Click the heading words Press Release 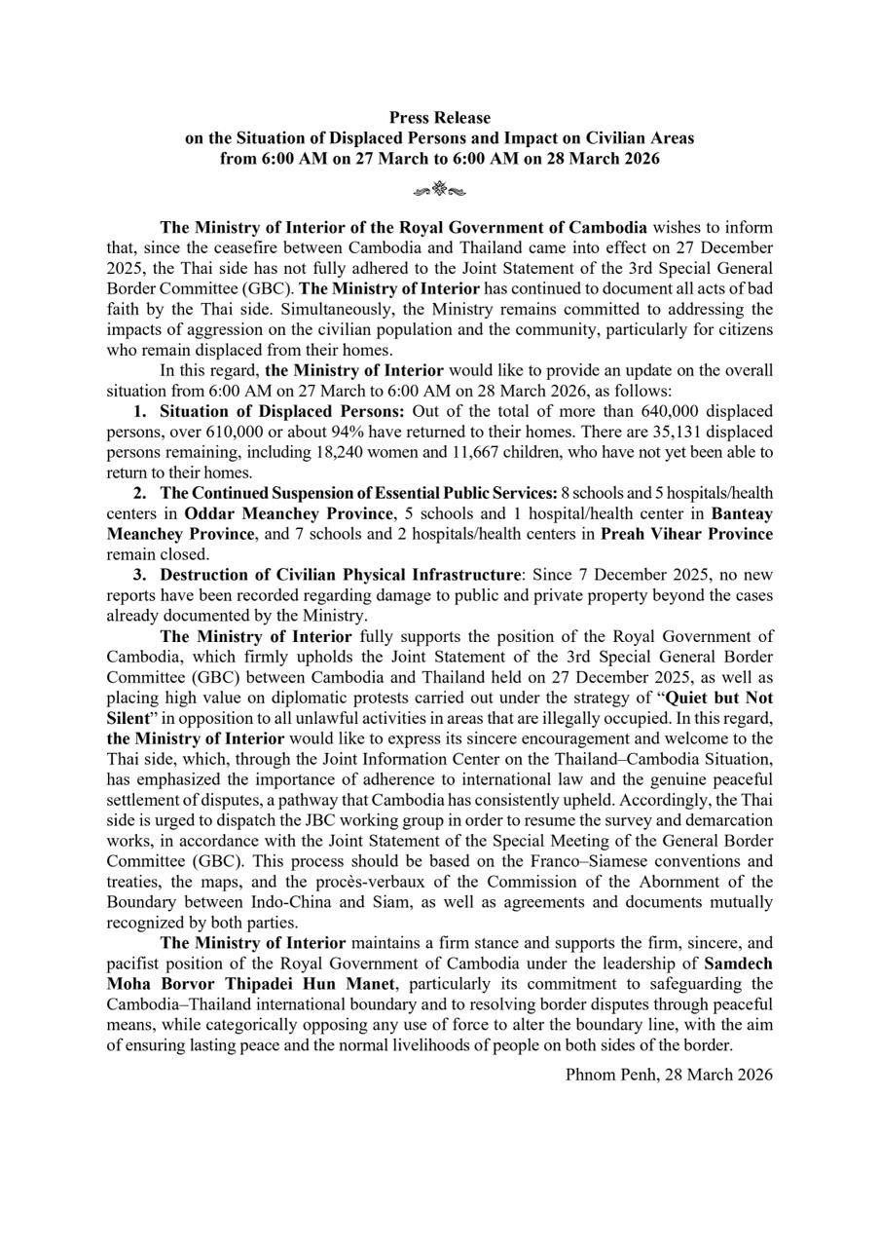440,118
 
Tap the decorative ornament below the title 440,189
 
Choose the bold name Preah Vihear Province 686,534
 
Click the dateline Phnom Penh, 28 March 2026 669,1075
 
